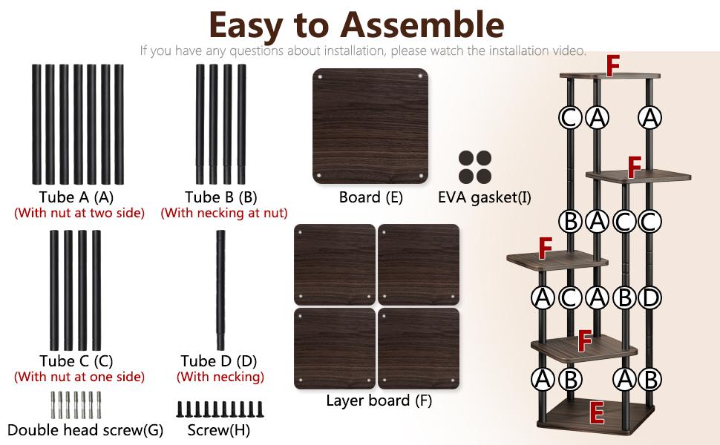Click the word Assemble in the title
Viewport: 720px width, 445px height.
click(x=422, y=24)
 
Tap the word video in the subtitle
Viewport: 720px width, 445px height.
click(x=569, y=50)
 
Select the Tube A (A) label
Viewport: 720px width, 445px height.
click(x=76, y=197)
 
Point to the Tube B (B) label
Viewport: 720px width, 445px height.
click(x=221, y=197)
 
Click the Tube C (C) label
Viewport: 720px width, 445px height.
click(x=76, y=361)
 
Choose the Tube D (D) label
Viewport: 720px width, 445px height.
click(x=218, y=361)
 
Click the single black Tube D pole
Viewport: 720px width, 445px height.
click(x=220, y=290)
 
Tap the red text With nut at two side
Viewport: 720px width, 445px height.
click(x=79, y=213)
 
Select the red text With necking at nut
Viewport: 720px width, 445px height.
click(x=224, y=213)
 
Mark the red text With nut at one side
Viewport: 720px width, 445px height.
click(x=79, y=377)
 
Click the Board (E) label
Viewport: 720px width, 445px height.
click(x=371, y=197)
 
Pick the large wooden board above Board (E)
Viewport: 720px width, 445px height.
click(x=370, y=126)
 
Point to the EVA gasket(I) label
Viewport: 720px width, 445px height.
click(x=485, y=197)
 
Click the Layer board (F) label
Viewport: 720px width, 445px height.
click(x=379, y=400)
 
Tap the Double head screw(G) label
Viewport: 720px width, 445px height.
click(x=85, y=430)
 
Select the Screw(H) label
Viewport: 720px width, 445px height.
click(x=218, y=430)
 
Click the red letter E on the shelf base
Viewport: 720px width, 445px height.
click(x=597, y=413)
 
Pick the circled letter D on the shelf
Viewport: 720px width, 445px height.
click(x=650, y=297)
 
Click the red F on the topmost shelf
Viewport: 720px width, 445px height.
click(x=613, y=65)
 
